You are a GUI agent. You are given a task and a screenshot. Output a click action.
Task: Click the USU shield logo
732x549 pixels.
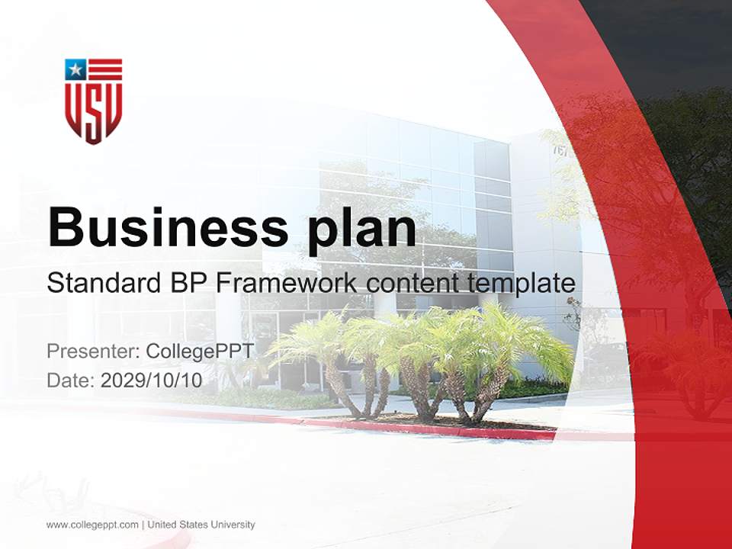pyautogui.click(x=93, y=101)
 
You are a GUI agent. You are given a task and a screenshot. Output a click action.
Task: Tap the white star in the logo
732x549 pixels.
pyautogui.click(x=75, y=70)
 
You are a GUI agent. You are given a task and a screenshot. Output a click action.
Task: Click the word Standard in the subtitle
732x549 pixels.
pyautogui.click(x=101, y=284)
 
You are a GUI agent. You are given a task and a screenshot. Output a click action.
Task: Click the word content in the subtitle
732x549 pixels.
pyautogui.click(x=412, y=284)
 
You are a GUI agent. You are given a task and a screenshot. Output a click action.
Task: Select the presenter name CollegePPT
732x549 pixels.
pyautogui.click(x=199, y=352)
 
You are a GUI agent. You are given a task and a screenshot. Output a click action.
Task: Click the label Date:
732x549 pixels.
pyautogui.click(x=71, y=380)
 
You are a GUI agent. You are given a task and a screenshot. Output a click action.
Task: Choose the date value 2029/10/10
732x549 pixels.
pyautogui.click(x=152, y=380)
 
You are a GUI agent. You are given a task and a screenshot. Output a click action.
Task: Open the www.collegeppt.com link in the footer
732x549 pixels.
pyautogui.click(x=92, y=525)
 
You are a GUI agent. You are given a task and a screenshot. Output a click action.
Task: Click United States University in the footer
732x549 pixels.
pyautogui.click(x=201, y=525)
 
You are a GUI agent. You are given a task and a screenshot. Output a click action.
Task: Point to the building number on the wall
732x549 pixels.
pyautogui.click(x=560, y=150)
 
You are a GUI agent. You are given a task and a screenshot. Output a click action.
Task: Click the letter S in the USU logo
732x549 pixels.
pyautogui.click(x=93, y=108)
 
